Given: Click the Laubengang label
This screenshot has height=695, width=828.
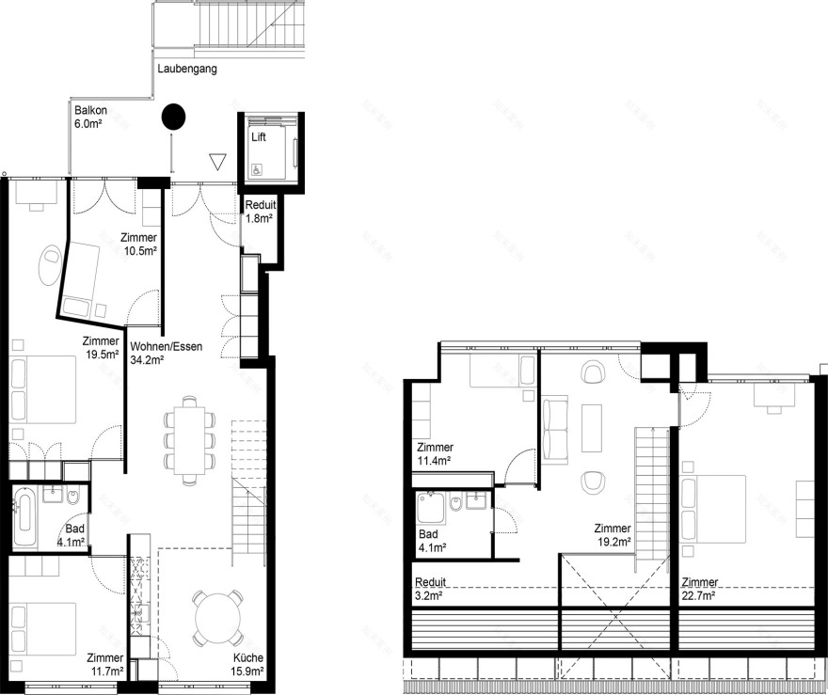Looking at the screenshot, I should (187, 69).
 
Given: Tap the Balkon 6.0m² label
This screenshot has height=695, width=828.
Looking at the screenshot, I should (90, 117).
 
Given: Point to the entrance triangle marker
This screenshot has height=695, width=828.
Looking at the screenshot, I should (218, 163).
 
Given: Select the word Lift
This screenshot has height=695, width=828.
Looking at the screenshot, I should (259, 137).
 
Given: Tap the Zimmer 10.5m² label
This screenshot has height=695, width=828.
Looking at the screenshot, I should (138, 245).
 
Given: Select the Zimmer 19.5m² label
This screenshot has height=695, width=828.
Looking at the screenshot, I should (101, 348).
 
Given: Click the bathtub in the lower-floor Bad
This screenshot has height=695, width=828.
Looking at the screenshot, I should (26, 519).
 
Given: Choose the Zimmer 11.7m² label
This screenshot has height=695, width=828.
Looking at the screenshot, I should (104, 665).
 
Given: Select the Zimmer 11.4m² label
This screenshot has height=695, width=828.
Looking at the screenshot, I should (435, 453).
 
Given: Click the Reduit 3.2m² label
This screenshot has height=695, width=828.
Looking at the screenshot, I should (431, 588).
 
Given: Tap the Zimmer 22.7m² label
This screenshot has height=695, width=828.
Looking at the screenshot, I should (699, 588).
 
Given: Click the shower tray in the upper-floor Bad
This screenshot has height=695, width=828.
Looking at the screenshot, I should (432, 510).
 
